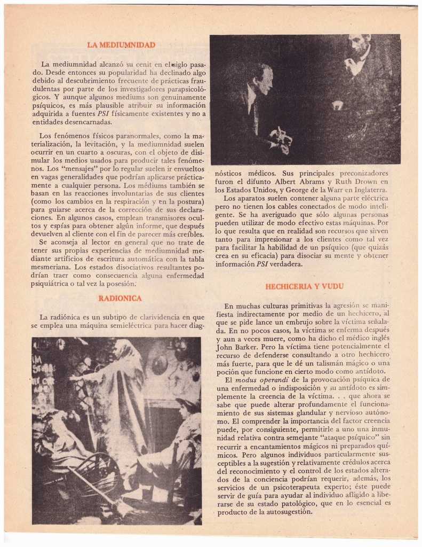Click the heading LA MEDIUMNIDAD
pos(121,45)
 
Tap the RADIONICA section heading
pos(120,298)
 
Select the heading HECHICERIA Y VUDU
pos(304,286)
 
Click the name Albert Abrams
pos(298,181)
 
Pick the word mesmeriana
pos(51,267)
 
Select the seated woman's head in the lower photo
pos(184,409)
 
